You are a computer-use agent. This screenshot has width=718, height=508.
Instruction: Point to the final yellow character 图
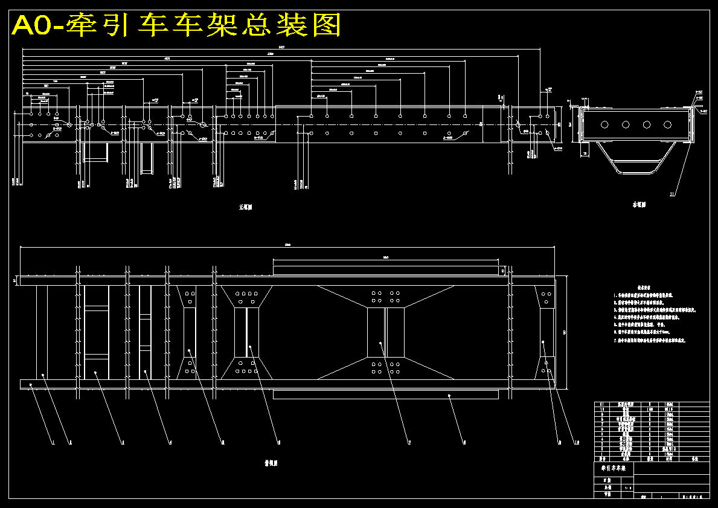coord(327,25)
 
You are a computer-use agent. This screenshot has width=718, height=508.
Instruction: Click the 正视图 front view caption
coord(245,207)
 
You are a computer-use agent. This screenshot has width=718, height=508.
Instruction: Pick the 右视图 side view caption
coord(639,205)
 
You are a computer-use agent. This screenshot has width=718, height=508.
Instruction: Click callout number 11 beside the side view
coord(672,194)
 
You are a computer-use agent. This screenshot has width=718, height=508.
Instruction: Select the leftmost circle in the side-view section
coord(604,124)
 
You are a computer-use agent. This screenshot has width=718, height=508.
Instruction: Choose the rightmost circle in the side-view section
coord(667,124)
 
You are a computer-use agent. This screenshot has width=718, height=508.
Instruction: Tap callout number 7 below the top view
coord(409,443)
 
